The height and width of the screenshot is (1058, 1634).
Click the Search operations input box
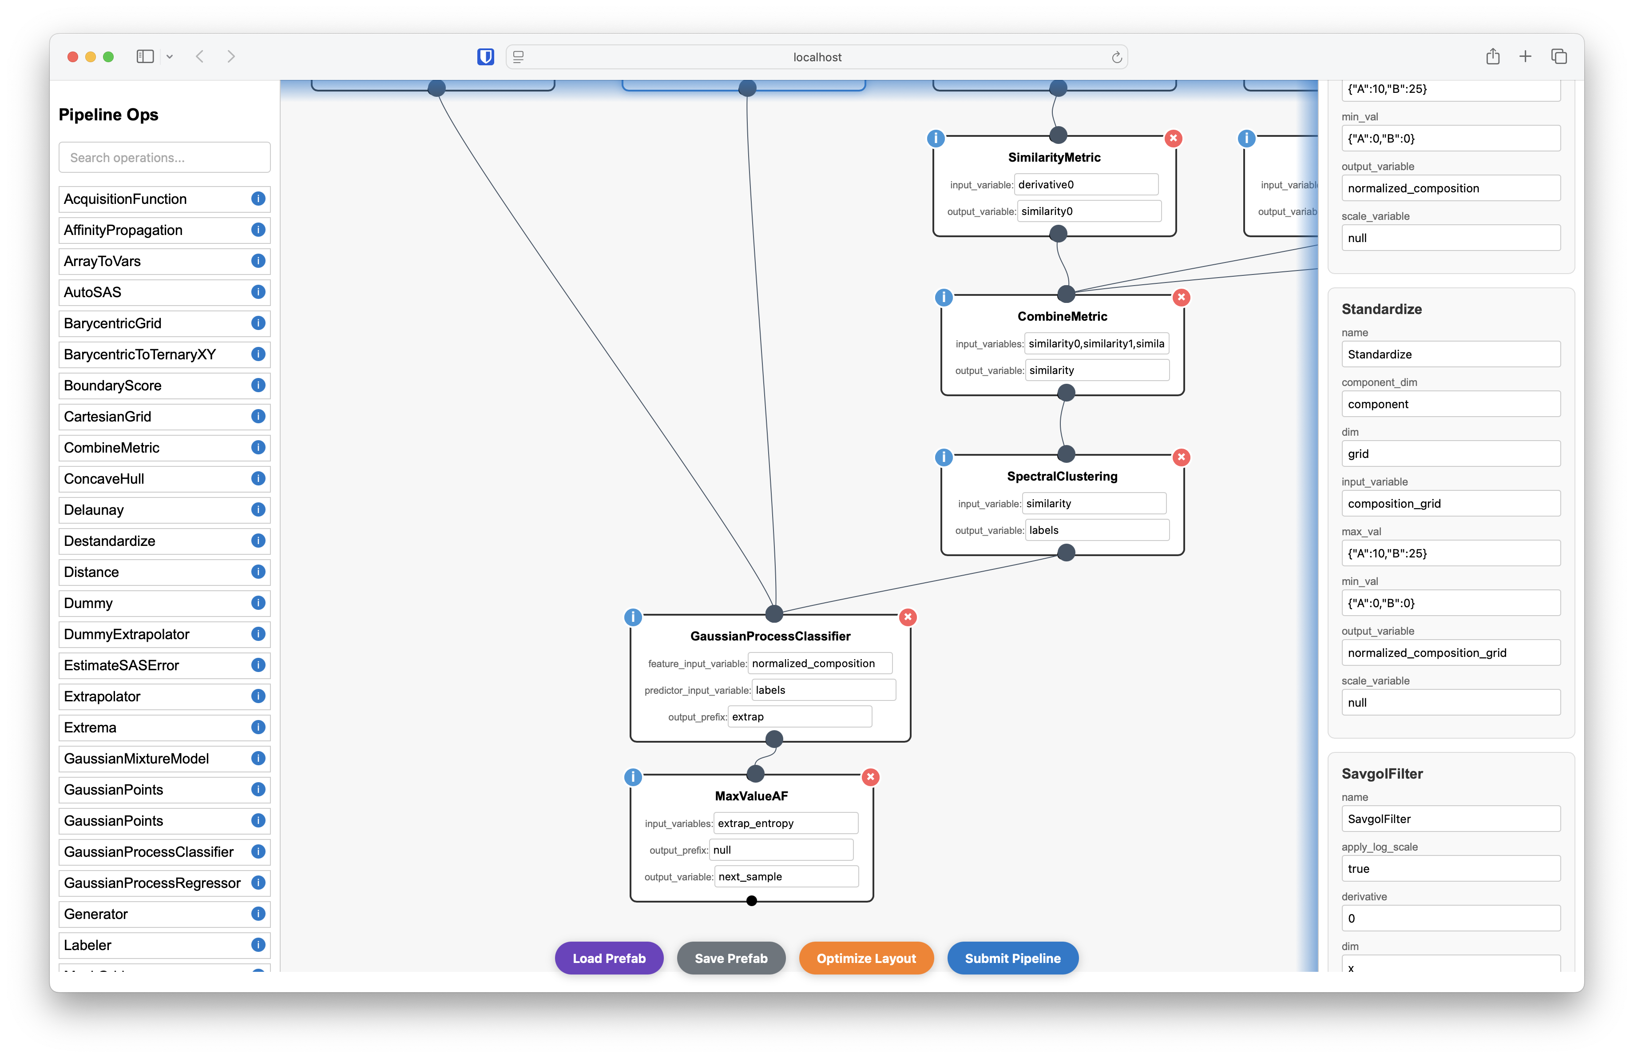pyautogui.click(x=165, y=158)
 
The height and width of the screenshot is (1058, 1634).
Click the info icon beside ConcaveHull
pyautogui.click(x=258, y=478)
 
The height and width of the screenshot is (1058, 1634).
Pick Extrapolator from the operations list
pyautogui.click(x=102, y=696)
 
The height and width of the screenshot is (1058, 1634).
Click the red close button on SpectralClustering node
pyautogui.click(x=1181, y=457)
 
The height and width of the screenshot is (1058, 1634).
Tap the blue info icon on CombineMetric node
pyautogui.click(x=944, y=297)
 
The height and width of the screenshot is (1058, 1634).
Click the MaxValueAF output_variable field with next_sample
pyautogui.click(x=785, y=877)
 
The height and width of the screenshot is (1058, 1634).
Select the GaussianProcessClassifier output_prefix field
pyautogui.click(x=799, y=717)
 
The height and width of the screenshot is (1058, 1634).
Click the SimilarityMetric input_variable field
pyautogui.click(x=1086, y=185)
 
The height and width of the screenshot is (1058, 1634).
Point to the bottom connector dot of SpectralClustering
pyautogui.click(x=1066, y=553)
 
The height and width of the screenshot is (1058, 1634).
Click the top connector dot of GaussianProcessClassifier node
pyautogui.click(x=774, y=614)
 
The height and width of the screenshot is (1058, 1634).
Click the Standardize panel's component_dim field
pyautogui.click(x=1450, y=404)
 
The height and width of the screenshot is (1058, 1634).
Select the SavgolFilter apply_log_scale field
pyautogui.click(x=1450, y=868)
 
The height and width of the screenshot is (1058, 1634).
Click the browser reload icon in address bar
pyautogui.click(x=1116, y=57)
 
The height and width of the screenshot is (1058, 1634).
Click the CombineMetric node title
pyautogui.click(x=1062, y=317)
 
